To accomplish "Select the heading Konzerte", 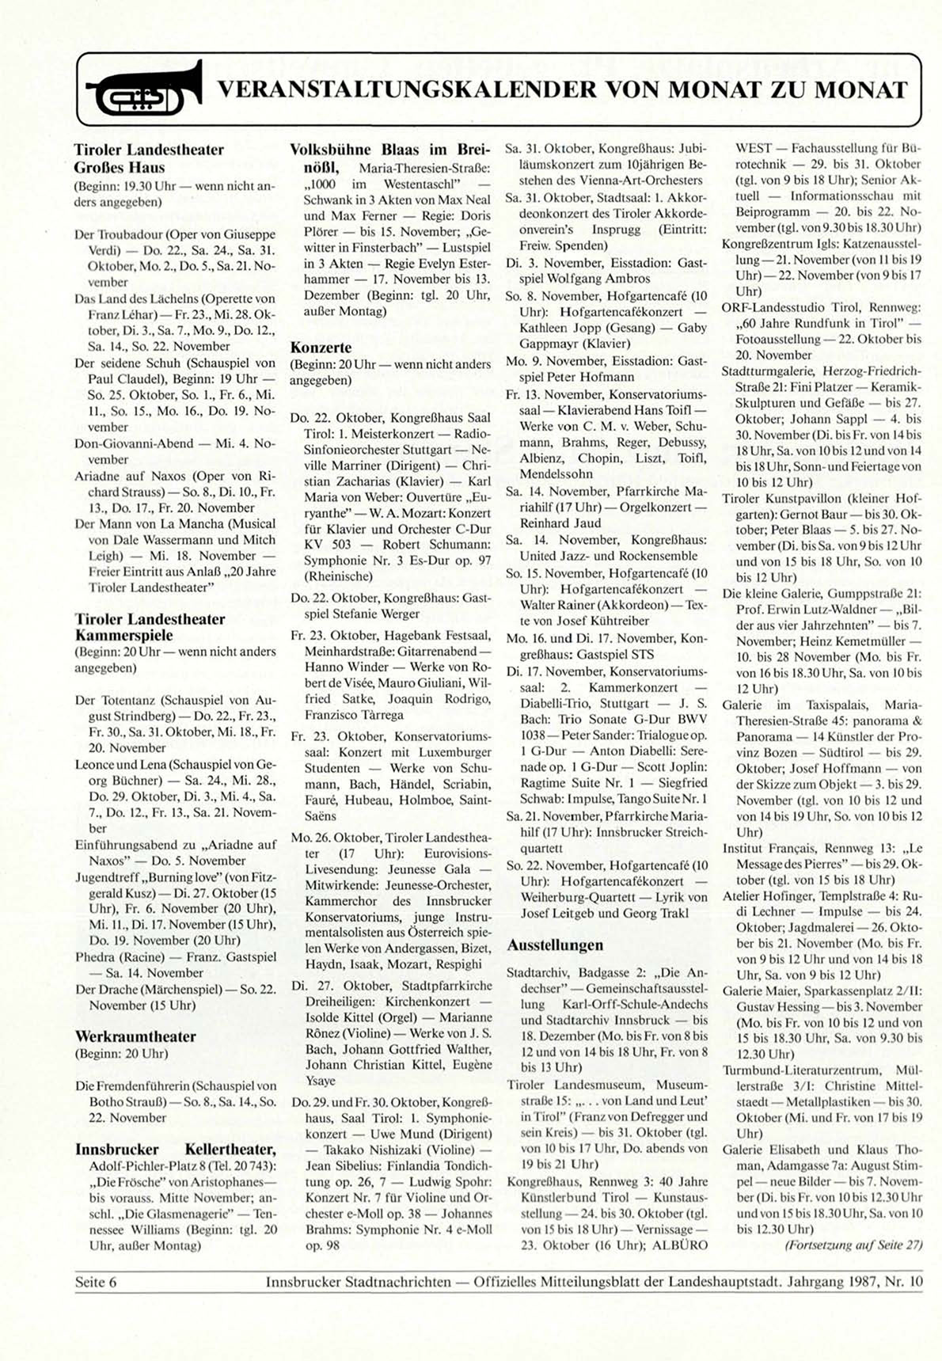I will (x=321, y=347).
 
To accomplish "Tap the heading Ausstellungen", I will (x=555, y=945).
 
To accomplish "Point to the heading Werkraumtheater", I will (x=135, y=1036).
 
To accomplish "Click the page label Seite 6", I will (x=96, y=1282).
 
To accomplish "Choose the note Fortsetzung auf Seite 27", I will (x=854, y=1245).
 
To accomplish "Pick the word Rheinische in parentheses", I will (x=339, y=576).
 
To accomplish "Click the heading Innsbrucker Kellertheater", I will (x=175, y=1149).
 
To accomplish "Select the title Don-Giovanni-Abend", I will (x=134, y=443).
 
